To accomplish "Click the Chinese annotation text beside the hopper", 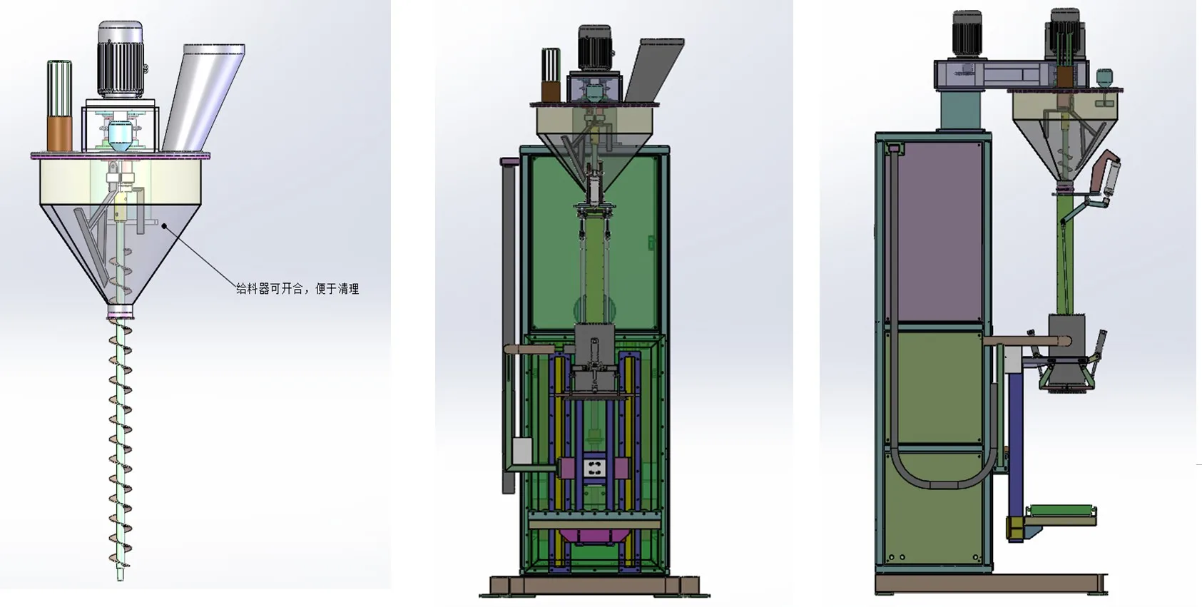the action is point(297,289).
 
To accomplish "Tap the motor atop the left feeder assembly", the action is point(121,60).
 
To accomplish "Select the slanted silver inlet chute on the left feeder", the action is point(203,98).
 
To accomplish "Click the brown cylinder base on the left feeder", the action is point(59,134).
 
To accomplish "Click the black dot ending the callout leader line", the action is point(165,227).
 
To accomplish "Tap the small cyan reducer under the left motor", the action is point(120,136).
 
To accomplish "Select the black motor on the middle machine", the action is point(594,49).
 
